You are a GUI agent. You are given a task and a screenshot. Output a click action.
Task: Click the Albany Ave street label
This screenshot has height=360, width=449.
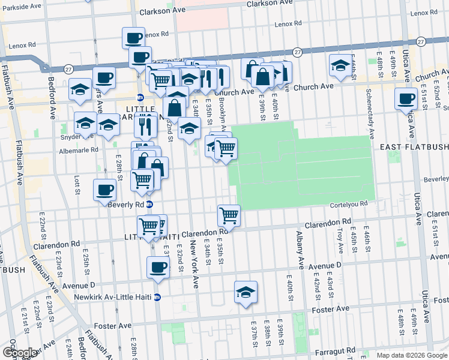click(300, 251)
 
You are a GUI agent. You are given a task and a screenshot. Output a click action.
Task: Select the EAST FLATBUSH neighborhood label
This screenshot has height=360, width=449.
click(414, 147)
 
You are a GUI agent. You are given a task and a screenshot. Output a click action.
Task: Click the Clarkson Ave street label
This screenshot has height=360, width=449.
click(163, 11)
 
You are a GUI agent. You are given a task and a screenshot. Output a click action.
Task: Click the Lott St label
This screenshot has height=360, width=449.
click(77, 185)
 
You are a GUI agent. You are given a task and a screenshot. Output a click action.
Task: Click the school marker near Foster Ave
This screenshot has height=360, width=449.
click(246, 292)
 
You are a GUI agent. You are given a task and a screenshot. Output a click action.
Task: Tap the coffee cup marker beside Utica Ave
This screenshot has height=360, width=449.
click(406, 98)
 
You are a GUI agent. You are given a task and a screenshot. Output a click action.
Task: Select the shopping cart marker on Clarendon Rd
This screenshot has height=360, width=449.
click(229, 215)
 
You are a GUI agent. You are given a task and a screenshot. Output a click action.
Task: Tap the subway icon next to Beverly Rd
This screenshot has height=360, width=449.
click(149, 204)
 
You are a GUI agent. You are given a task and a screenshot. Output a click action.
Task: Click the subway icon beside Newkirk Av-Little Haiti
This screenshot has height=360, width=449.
click(157, 297)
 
